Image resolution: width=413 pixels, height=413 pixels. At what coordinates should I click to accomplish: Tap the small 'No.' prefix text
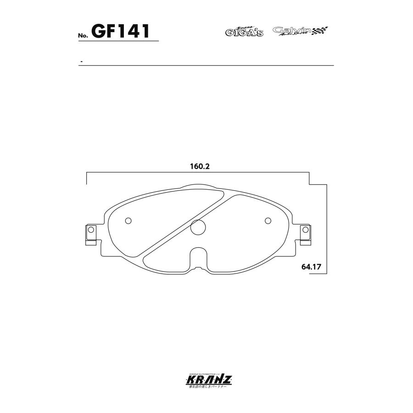tap(84, 36)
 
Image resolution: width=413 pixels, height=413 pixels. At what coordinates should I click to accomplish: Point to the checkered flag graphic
tap(321, 31)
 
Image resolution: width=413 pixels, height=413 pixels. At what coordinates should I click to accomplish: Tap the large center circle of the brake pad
tap(198, 227)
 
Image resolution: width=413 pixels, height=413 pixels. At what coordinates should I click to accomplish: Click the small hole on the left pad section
tap(128, 221)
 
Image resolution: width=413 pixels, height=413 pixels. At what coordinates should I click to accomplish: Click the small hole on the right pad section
tap(268, 221)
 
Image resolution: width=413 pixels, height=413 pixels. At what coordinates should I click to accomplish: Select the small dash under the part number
tap(81, 61)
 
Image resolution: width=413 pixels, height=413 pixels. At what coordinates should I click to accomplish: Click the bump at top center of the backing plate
tap(198, 187)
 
